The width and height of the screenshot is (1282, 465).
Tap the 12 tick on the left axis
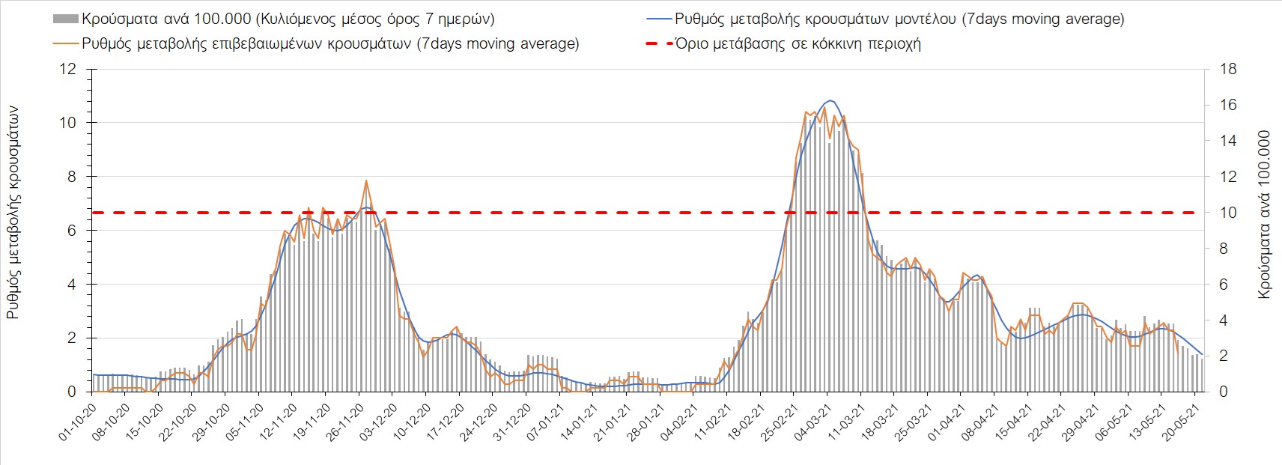coord(68,70)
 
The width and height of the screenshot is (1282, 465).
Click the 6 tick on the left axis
coord(72,231)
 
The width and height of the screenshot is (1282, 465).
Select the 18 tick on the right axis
coord(1227,70)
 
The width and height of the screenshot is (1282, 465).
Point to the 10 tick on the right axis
coord(1227,213)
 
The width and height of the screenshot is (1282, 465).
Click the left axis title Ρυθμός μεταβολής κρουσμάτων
coord(13,213)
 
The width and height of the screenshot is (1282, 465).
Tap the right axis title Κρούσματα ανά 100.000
coord(1265,215)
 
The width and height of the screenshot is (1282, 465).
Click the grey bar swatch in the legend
coord(66,19)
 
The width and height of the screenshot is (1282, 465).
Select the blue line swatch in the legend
coord(658,19)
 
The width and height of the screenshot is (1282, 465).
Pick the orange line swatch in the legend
coord(66,43)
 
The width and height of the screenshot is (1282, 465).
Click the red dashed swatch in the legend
coord(658,43)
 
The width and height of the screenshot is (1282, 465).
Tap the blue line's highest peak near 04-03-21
coord(829,100)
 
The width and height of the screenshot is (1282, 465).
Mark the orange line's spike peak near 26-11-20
coord(366,180)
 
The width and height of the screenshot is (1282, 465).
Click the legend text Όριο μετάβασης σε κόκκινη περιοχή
coord(798,43)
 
